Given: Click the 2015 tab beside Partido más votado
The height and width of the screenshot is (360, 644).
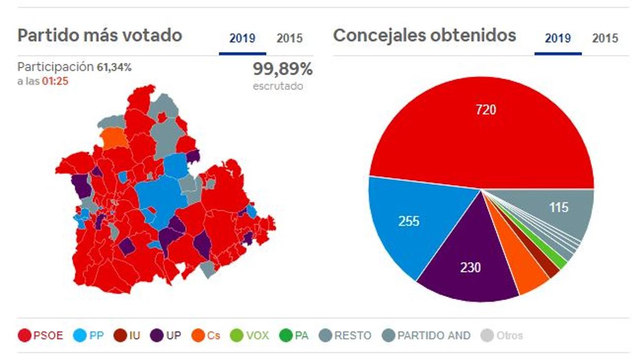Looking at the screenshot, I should tap(289, 39).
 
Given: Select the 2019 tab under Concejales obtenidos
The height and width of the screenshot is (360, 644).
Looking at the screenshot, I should tap(558, 39).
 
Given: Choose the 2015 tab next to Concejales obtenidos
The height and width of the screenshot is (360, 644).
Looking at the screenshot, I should tap(605, 39).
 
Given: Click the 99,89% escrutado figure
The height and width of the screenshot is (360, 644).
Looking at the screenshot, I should tap(282, 69).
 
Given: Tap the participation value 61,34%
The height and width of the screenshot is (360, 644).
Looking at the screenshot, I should tap(114, 67).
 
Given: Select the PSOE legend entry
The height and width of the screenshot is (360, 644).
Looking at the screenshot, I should tap(41, 336).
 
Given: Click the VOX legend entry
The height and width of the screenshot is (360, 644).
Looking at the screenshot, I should tap(250, 336).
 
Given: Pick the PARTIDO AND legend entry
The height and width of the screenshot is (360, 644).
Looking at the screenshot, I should tap(427, 336).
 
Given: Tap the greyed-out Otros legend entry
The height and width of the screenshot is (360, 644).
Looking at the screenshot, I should tap(503, 336).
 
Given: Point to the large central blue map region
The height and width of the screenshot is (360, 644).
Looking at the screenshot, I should tap(163, 199).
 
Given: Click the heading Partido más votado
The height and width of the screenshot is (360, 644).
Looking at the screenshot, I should tap(100, 36).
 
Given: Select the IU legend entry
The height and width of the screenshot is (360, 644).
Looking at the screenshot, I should tap(127, 336).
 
